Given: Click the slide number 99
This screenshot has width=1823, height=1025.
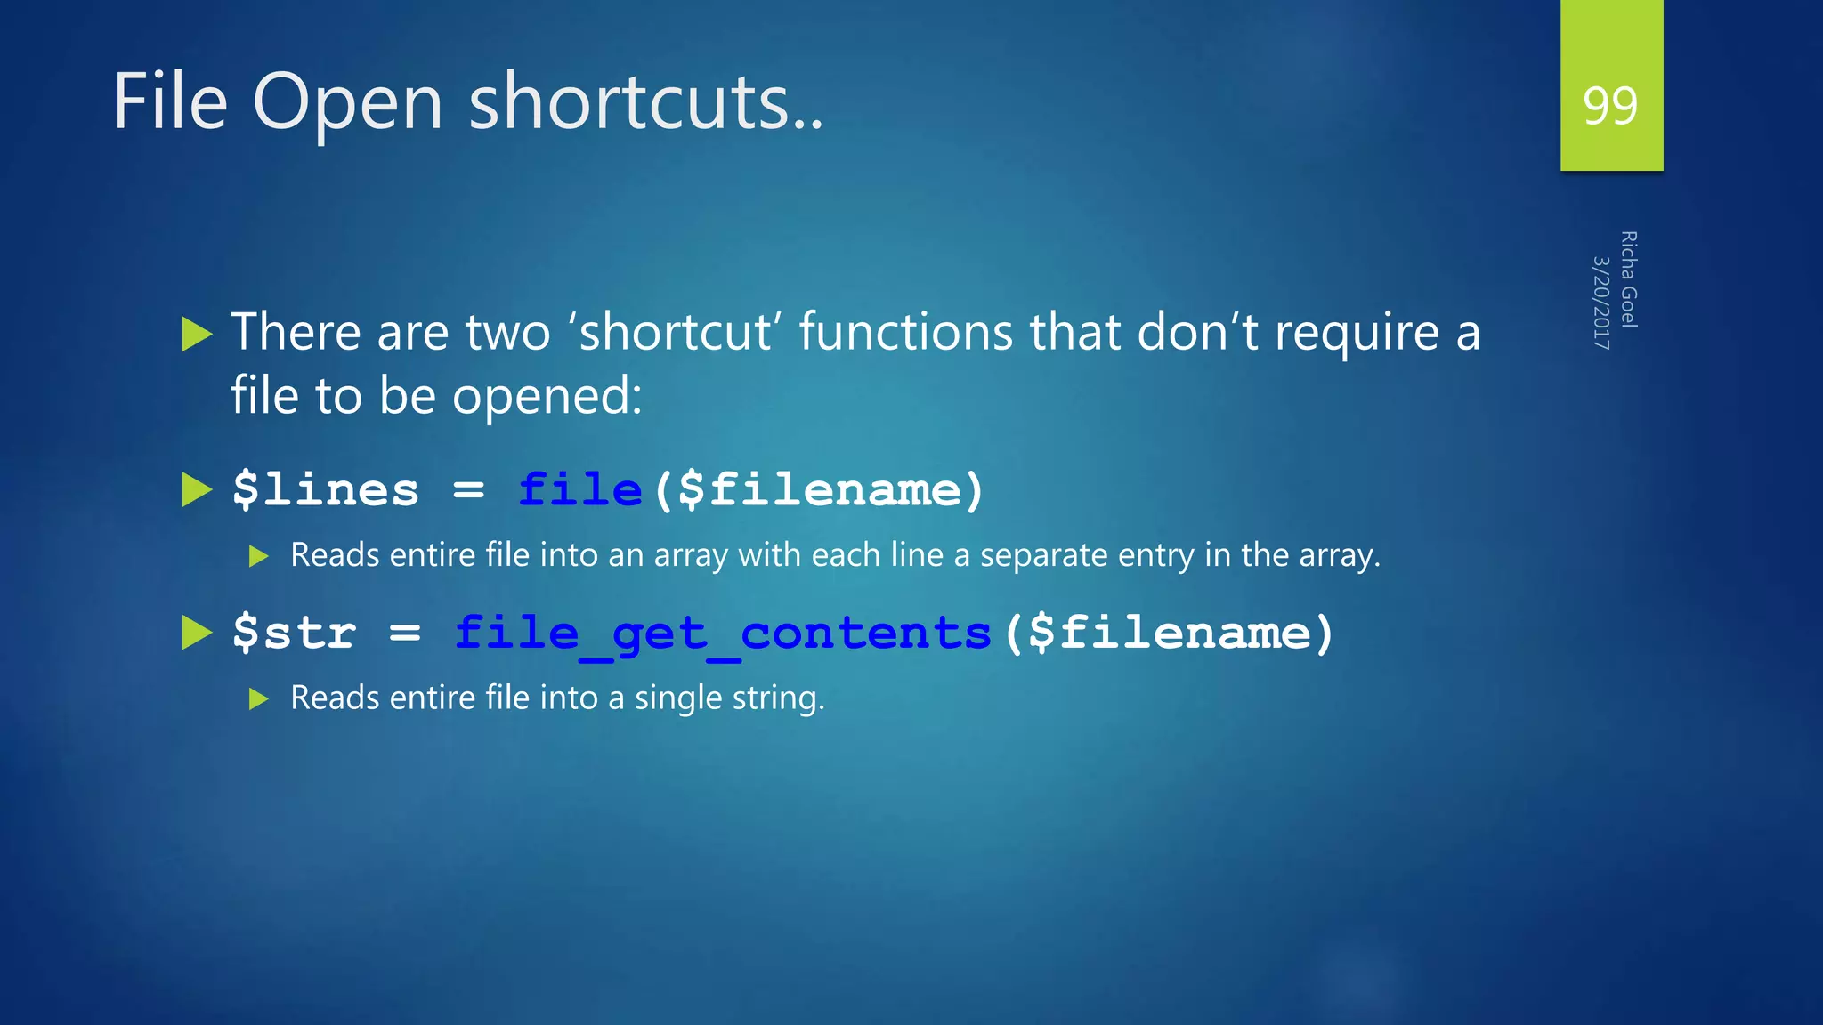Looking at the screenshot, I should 1610,106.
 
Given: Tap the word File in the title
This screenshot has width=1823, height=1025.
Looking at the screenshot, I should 170,101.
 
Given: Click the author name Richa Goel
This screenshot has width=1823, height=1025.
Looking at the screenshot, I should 1628,279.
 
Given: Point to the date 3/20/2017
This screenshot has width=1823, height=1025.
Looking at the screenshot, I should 1600,303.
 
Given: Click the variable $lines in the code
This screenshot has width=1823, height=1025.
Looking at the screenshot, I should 325,489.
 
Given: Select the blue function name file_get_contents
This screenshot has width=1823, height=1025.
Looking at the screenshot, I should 723,634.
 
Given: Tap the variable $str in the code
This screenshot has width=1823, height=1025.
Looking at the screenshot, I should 294,633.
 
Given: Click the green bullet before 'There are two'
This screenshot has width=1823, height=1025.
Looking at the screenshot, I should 197,335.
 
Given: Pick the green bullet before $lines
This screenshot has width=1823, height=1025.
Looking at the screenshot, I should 197,489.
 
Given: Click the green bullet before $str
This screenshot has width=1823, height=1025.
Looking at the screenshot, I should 197,633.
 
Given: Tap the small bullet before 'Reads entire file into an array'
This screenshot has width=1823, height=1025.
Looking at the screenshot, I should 259,557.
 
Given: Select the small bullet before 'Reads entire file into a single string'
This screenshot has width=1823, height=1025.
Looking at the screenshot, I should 259,699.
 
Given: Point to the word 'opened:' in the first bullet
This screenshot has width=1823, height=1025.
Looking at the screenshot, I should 547,396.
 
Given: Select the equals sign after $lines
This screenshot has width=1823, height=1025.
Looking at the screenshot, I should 468,489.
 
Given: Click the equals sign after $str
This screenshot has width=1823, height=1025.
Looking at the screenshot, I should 404,633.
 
